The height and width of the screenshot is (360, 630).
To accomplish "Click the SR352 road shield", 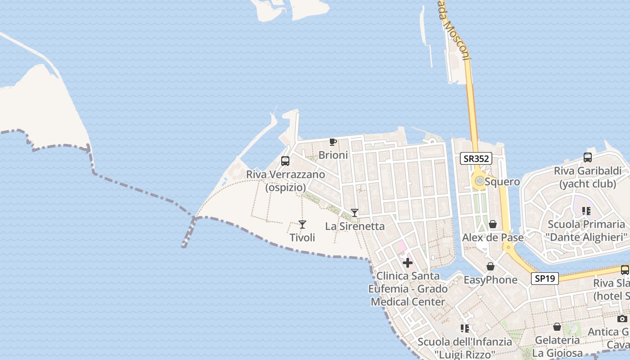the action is click(x=476, y=158).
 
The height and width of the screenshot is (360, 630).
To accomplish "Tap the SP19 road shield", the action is click(x=545, y=279).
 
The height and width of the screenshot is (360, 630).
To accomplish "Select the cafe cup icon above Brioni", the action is click(x=333, y=142).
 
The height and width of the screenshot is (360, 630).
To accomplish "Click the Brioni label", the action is click(x=333, y=155).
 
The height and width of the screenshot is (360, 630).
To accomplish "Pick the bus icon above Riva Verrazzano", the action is click(x=285, y=161).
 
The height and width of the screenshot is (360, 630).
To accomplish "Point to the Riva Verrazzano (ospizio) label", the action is click(x=285, y=181).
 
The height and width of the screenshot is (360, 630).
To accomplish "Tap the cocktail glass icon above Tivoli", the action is click(x=302, y=224).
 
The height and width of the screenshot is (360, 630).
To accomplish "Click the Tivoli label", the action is click(x=302, y=238).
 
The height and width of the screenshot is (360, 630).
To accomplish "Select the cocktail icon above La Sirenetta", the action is click(x=355, y=213).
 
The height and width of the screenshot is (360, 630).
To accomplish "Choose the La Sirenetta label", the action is click(x=355, y=226).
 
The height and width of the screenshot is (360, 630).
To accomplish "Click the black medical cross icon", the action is click(x=408, y=263).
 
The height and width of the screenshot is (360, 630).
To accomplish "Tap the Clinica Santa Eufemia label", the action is click(x=408, y=288).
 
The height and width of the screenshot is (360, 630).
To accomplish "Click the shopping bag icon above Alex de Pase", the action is click(x=493, y=224).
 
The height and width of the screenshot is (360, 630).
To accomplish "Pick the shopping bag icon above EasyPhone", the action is click(x=490, y=267).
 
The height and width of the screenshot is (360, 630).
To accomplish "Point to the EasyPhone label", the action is click(x=490, y=280).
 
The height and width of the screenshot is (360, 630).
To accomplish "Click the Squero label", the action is click(x=502, y=182).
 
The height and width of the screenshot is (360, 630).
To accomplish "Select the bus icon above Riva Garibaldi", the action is click(x=587, y=157).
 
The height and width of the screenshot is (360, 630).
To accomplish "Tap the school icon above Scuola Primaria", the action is click(x=586, y=211).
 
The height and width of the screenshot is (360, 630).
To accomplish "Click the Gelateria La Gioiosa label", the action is click(x=557, y=346).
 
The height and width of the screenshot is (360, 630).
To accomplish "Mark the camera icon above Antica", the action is click(x=622, y=319).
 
